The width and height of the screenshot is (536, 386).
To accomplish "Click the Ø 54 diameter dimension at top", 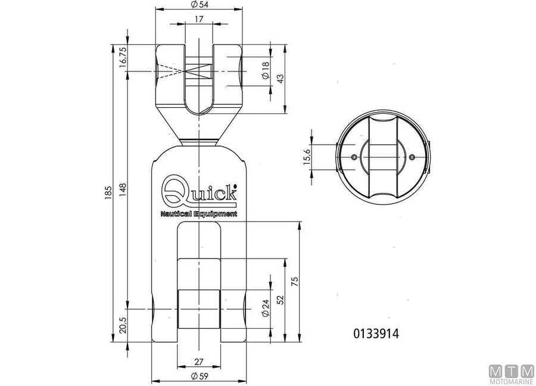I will coord(200,5).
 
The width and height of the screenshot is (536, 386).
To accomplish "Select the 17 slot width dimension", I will coord(200,19).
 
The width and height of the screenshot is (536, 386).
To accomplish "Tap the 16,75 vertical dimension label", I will coord(123,58).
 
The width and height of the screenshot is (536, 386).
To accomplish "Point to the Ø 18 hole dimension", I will coord(266,72).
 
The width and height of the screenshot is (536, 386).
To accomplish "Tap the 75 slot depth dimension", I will coord(294,281).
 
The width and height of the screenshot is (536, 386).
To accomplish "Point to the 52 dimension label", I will coord(280,300).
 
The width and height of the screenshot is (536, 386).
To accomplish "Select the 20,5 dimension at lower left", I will coord(123,326).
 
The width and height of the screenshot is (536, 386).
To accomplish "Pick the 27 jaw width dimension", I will coord(200,362).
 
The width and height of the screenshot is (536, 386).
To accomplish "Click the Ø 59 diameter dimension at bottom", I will coord(200,376).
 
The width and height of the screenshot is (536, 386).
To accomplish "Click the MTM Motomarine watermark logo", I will coord(510,371).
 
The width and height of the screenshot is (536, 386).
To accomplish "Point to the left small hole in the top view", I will coord(355,157).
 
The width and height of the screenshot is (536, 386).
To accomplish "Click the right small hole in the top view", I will coord(412,157).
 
